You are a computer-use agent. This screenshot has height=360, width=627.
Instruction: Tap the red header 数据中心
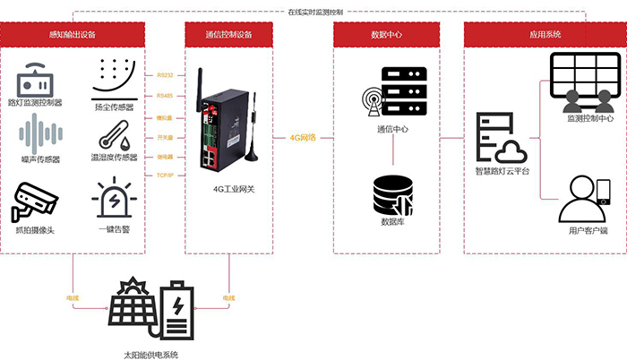point(390,34)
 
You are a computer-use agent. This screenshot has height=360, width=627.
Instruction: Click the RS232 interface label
point(166,74)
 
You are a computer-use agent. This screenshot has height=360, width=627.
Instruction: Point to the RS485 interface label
point(166,95)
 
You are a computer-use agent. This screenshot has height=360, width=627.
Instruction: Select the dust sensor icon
point(114,79)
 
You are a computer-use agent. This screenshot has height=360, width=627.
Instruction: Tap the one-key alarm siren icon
point(114,199)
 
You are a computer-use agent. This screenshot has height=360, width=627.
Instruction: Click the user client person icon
point(583,200)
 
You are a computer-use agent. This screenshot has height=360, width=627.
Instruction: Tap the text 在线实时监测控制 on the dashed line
point(314,13)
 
